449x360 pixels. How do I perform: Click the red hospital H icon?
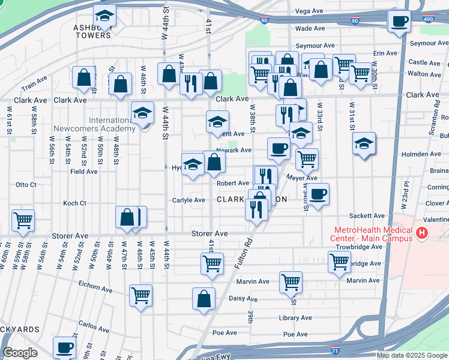(x=423, y=233)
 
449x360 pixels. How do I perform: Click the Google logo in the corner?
(x=20, y=353)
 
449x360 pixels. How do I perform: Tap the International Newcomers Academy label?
(x=103, y=124)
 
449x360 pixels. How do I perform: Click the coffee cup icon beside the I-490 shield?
(x=399, y=22)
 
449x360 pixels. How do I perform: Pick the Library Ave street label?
(x=296, y=318)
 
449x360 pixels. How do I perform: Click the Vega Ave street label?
(x=310, y=11)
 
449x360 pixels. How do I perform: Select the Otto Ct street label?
(x=26, y=185)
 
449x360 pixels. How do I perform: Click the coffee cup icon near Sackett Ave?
(x=319, y=194)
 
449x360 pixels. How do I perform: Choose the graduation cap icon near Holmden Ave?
(x=364, y=143)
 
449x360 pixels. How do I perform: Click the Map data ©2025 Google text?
(x=412, y=355)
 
